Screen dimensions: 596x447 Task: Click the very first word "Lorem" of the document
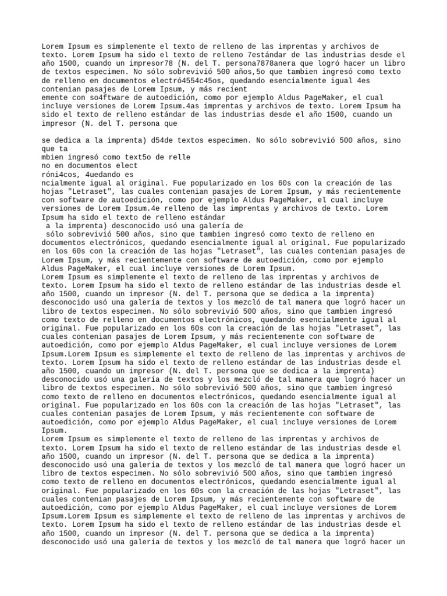point(54,47)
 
